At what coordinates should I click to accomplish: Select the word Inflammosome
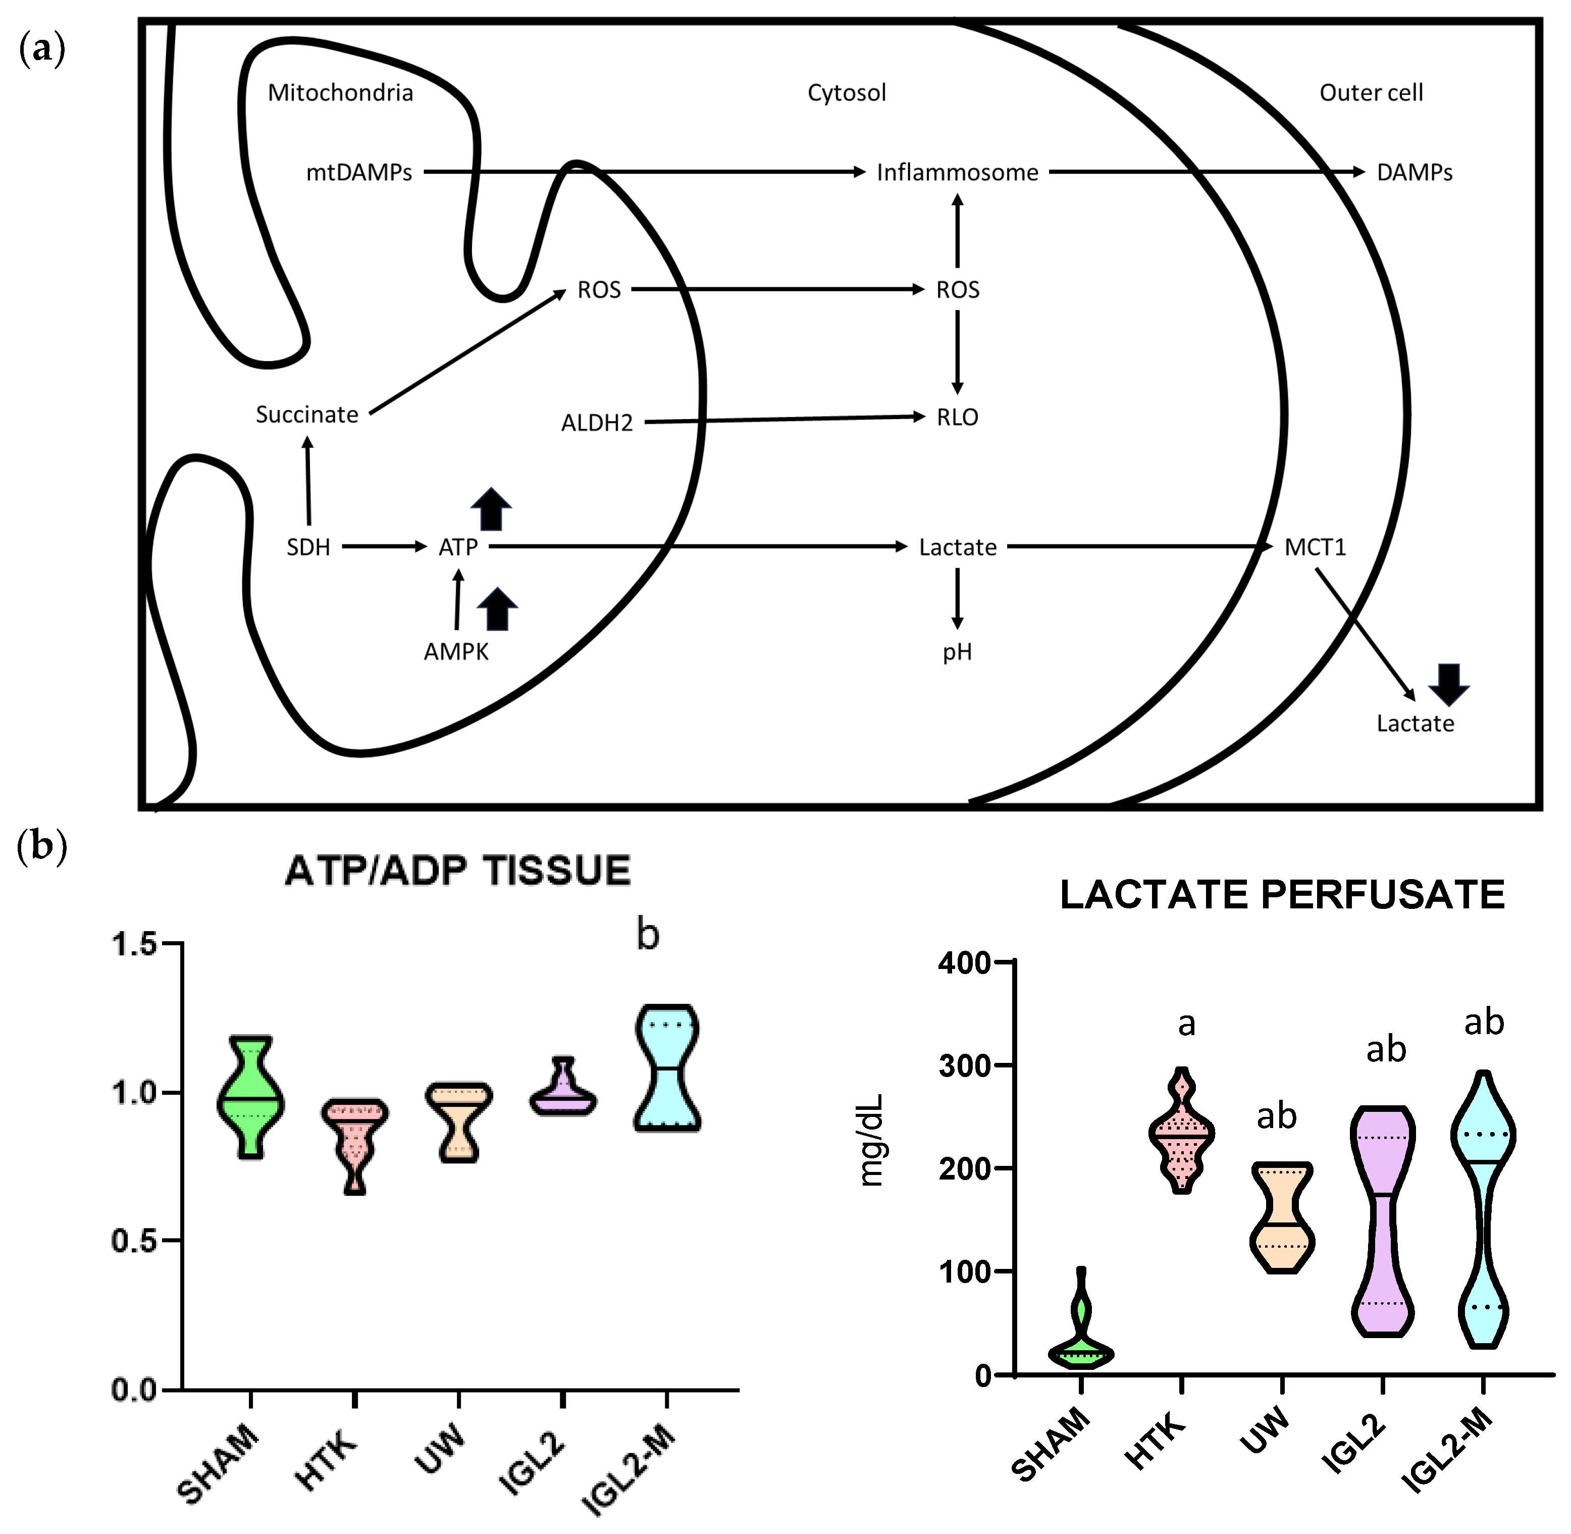[x=957, y=172]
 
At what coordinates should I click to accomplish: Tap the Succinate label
[x=307, y=415]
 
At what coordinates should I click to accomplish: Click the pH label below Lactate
[x=957, y=652]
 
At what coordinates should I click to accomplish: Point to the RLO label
[x=957, y=418]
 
